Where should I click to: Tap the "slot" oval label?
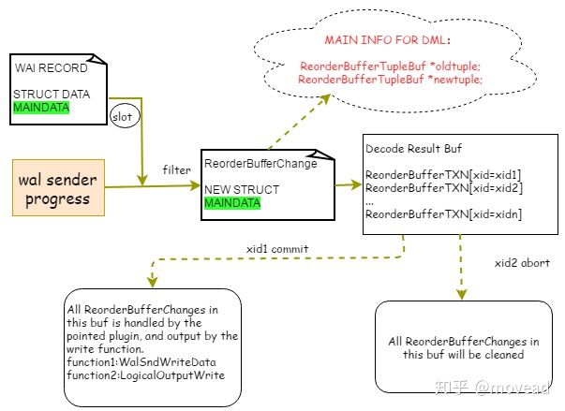(122, 118)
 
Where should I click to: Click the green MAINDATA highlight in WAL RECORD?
(40, 108)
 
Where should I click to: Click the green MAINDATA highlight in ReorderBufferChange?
(231, 203)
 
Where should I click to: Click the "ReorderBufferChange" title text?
(259, 164)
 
